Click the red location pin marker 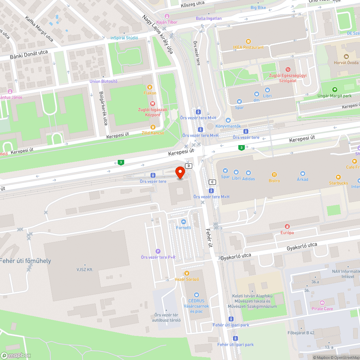click(180, 172)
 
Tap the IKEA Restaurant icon click(248, 41)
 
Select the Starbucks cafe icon click(338, 177)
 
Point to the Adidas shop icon click(248, 173)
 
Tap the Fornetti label click(184, 228)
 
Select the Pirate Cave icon click(322, 303)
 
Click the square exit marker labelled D click(189, 166)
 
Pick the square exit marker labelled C click(212, 182)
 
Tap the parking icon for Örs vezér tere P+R click(158, 251)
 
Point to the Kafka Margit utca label click(39, 28)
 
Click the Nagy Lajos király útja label click(158, 34)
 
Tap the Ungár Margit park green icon click(335, 90)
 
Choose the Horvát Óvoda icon click(346, 57)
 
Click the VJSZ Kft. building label click(85, 269)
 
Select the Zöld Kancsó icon click(153, 127)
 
